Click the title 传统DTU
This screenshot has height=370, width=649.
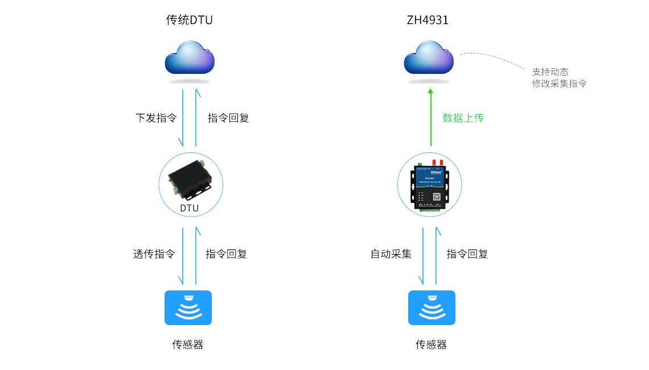(189, 20)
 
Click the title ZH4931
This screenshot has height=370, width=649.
(428, 20)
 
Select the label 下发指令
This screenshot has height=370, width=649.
(155, 118)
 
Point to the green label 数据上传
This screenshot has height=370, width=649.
(463, 118)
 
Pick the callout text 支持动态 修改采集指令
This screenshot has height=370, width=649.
(558, 78)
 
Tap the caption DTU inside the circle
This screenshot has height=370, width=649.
(190, 208)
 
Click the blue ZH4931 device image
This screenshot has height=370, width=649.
(430, 185)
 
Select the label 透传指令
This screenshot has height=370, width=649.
(154, 254)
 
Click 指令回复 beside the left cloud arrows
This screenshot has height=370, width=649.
(228, 118)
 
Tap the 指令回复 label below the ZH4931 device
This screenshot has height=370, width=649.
(467, 254)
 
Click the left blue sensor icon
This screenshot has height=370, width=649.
(188, 307)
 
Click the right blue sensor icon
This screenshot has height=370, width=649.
(432, 307)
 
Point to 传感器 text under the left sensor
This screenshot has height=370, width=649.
(188, 344)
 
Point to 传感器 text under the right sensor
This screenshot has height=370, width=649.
(431, 344)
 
